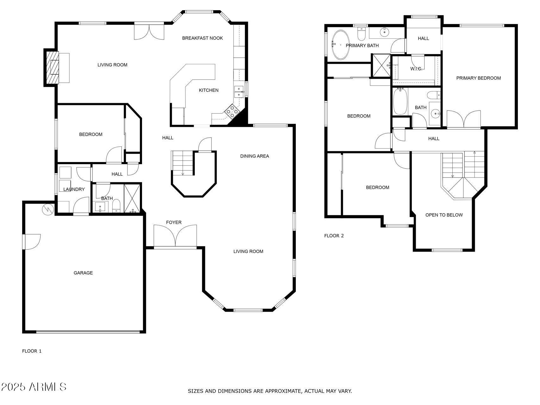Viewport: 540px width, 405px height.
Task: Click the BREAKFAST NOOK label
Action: click(x=202, y=38)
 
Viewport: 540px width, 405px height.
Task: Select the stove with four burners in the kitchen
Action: click(x=232, y=111)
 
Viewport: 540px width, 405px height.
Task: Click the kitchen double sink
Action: click(x=239, y=91)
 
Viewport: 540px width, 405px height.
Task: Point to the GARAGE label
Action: click(x=83, y=273)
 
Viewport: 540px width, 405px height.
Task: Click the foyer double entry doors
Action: click(x=175, y=236)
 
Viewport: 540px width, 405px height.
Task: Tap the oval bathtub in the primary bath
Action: click(x=340, y=45)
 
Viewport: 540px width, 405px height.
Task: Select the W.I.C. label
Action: click(x=416, y=69)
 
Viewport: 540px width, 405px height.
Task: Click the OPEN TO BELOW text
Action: click(x=444, y=215)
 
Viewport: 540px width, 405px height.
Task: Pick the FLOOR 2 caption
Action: click(x=334, y=236)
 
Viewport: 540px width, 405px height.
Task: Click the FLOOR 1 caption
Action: click(x=32, y=351)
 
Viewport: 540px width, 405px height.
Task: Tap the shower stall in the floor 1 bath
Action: click(x=132, y=198)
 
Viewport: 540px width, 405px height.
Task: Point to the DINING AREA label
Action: click(x=254, y=156)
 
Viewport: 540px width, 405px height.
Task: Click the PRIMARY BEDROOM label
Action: click(x=478, y=78)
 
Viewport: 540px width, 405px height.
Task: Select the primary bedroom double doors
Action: click(x=463, y=120)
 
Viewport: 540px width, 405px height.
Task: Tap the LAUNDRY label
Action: click(x=74, y=189)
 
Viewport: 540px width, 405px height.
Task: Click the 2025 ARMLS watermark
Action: click(x=34, y=387)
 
